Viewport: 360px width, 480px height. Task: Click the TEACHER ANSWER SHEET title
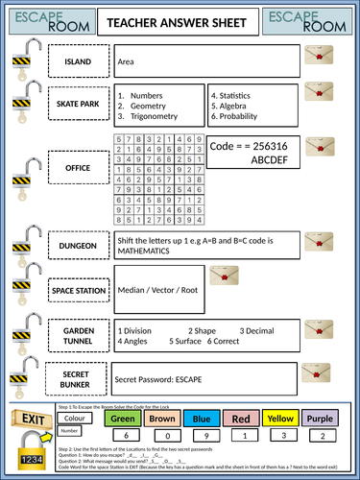(x=180, y=21)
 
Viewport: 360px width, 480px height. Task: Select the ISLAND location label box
(x=78, y=62)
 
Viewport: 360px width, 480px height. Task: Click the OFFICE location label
(x=78, y=169)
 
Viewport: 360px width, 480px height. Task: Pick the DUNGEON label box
(x=78, y=246)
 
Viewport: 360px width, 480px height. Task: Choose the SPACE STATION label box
(x=78, y=290)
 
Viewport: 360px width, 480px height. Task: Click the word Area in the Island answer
(x=126, y=62)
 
